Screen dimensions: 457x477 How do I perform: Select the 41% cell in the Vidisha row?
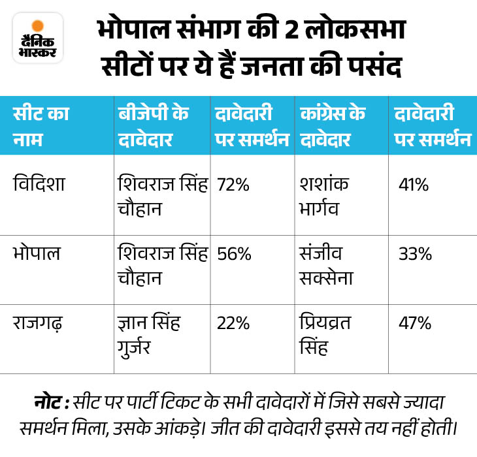[x=414, y=185]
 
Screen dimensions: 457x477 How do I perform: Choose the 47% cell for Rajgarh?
[x=415, y=323]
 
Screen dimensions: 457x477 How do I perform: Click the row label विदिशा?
[x=42, y=185]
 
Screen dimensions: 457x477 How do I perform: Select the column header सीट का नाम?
[x=41, y=127]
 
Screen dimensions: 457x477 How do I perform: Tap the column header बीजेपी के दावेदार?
[x=154, y=127]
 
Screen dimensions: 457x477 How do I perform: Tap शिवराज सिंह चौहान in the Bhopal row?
[x=162, y=264]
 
